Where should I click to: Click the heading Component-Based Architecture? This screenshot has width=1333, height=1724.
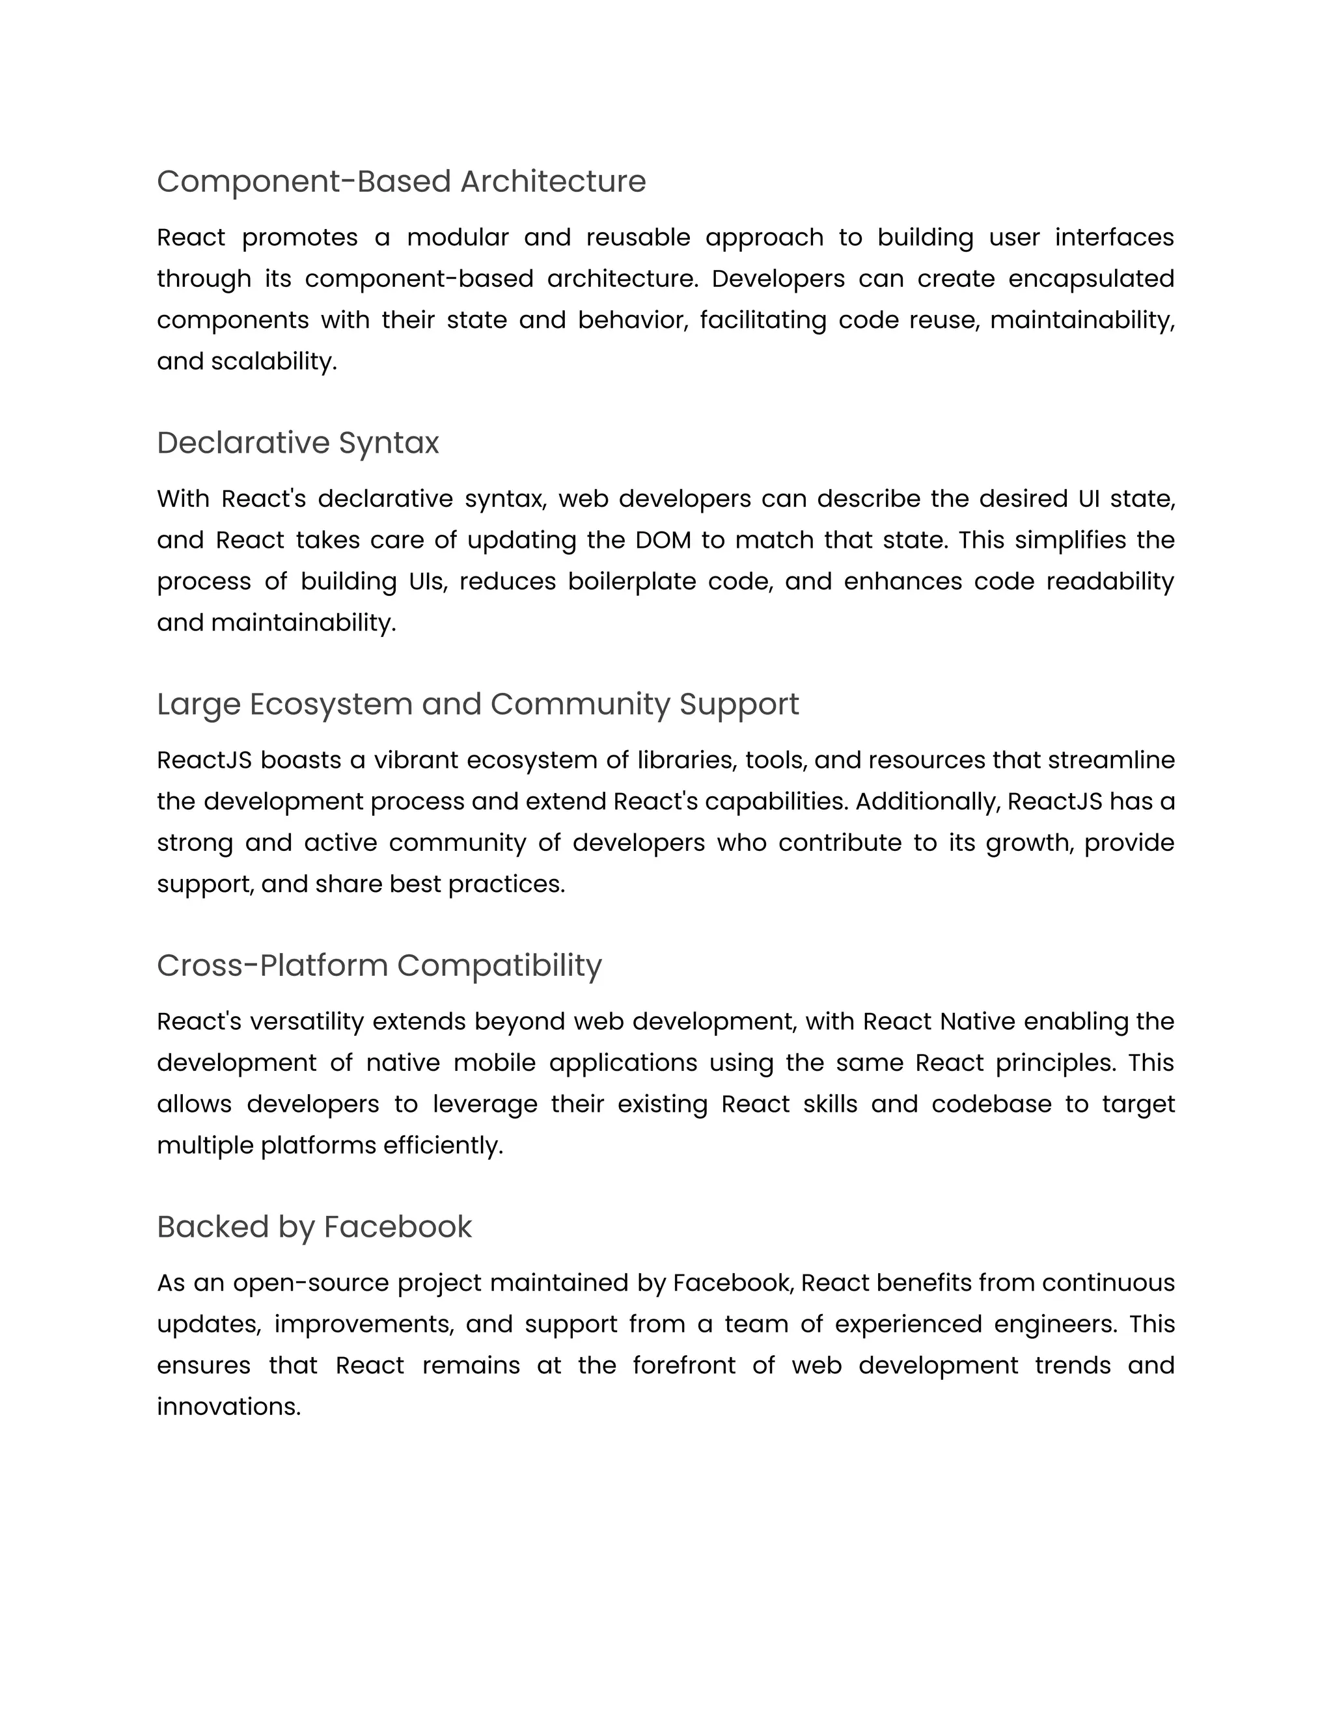(x=401, y=182)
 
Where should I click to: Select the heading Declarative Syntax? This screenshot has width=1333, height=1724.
(x=297, y=443)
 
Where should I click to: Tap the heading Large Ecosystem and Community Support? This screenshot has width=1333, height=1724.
(x=478, y=704)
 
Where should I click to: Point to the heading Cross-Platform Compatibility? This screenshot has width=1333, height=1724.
(x=379, y=965)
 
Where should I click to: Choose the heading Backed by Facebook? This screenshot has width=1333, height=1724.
(x=314, y=1227)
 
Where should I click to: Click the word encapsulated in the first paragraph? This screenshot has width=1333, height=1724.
(x=1091, y=278)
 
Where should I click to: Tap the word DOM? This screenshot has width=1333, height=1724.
(x=663, y=540)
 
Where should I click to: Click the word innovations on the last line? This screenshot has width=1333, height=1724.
(x=228, y=1407)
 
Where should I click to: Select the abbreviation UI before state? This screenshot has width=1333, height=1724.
(x=1084, y=499)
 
